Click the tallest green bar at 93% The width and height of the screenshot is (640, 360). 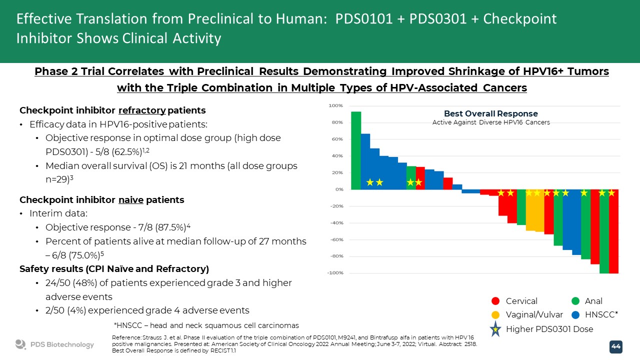click(x=356, y=150)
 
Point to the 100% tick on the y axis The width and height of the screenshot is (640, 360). click(x=335, y=105)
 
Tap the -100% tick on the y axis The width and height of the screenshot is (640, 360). click(x=335, y=273)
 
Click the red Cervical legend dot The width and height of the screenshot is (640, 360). click(x=495, y=301)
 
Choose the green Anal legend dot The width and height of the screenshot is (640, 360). click(x=575, y=301)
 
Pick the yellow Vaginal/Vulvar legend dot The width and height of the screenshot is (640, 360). click(x=495, y=315)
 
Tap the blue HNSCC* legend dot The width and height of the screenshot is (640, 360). click(x=575, y=315)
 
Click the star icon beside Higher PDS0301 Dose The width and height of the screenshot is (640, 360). click(x=495, y=329)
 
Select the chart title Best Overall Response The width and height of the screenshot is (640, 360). click(x=491, y=113)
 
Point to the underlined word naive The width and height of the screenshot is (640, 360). click(x=131, y=200)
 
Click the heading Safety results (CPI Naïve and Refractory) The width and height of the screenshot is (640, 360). click(x=114, y=269)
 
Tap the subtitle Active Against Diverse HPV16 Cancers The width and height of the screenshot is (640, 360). click(x=491, y=123)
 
